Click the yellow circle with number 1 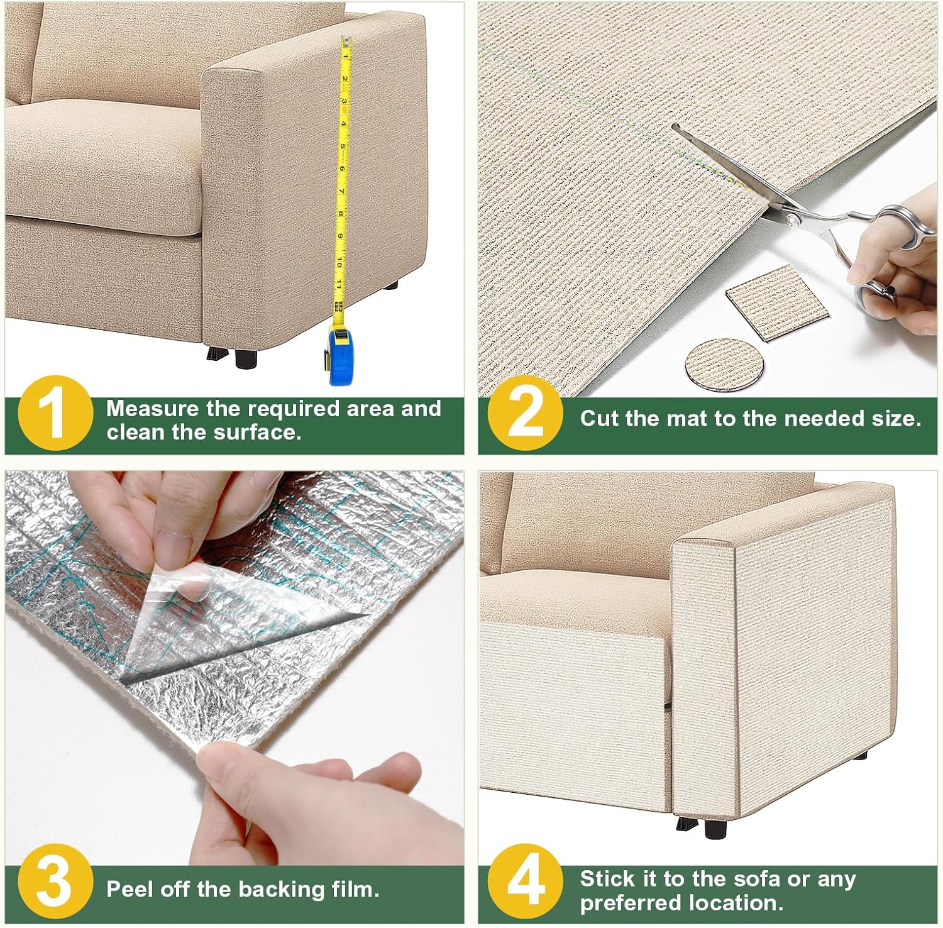56,413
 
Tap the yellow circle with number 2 526,413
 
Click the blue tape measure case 341,354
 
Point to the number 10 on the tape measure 339,262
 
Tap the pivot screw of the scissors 793,219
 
